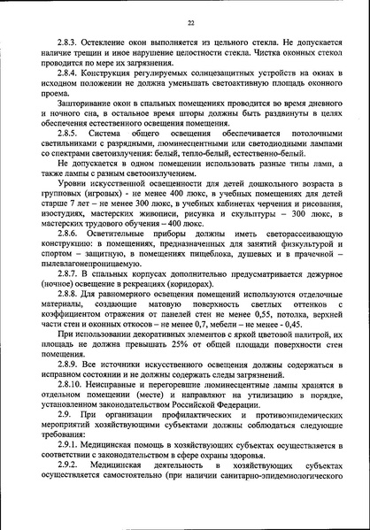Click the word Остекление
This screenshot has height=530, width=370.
click(107, 42)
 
